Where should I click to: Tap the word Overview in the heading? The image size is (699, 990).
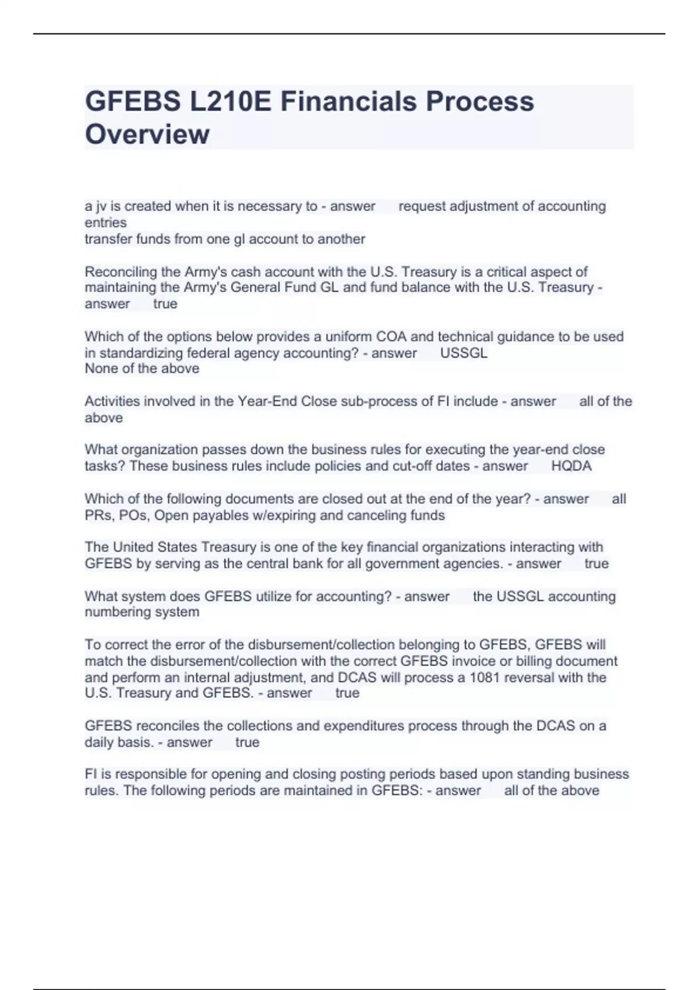tap(147, 134)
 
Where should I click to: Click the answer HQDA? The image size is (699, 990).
tap(571, 466)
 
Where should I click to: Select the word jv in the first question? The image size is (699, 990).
tap(99, 206)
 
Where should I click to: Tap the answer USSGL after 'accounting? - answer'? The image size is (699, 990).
tap(464, 353)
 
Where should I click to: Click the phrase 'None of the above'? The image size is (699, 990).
tap(142, 368)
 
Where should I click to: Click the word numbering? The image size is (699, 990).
tap(113, 611)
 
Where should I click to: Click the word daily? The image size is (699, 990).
tap(100, 742)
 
